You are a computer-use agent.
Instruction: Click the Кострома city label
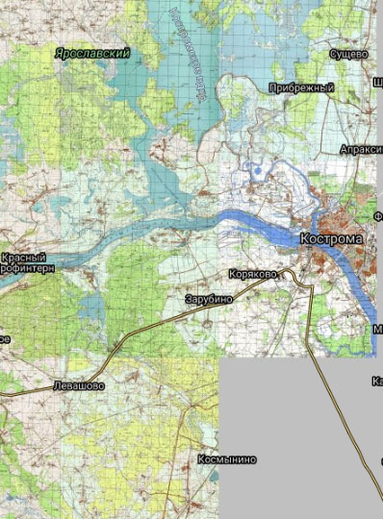tap(331, 237)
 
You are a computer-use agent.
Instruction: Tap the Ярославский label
tap(92, 54)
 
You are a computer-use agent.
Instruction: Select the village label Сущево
tap(349, 55)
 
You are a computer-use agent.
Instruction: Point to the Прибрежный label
tap(302, 87)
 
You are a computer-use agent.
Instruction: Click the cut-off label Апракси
tap(361, 150)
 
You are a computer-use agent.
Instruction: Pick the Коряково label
tap(253, 274)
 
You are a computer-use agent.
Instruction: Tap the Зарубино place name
tap(209, 300)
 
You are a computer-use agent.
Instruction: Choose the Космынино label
tap(227, 459)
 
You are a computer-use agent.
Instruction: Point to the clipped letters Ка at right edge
tap(376, 382)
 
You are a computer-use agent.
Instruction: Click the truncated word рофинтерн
tap(28, 269)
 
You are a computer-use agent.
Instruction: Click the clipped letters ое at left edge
tap(5, 339)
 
